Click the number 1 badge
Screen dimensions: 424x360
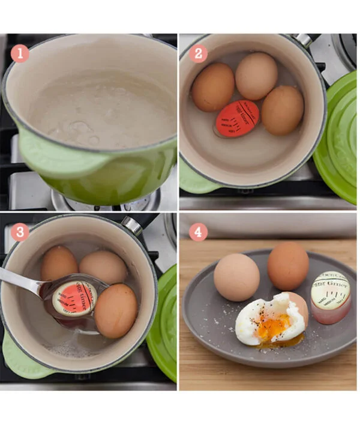pyautogui.click(x=20, y=54)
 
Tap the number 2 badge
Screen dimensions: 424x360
pyautogui.click(x=198, y=54)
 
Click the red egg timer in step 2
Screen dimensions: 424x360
pyautogui.click(x=238, y=118)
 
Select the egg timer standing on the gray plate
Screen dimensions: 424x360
pyautogui.click(x=331, y=296)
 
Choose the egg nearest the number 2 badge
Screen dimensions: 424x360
pyautogui.click(x=213, y=87)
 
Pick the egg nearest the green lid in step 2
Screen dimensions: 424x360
pyautogui.click(x=282, y=110)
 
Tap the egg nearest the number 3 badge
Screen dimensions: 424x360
pyautogui.click(x=59, y=264)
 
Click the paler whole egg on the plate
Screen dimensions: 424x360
pyautogui.click(x=237, y=277)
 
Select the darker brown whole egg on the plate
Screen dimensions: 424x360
pyautogui.click(x=288, y=265)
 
